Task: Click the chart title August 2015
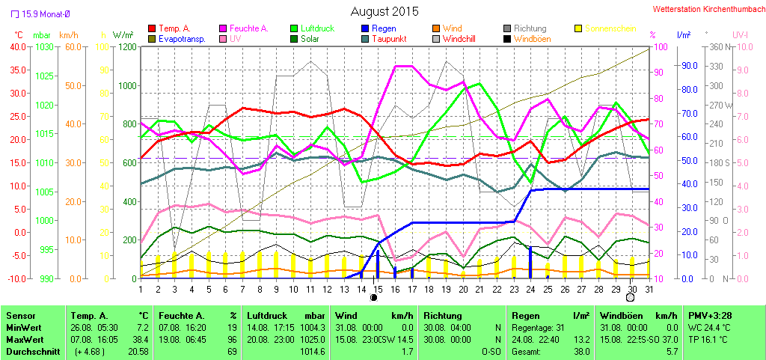click(x=384, y=12)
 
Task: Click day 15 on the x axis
click(x=378, y=288)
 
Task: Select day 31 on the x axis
click(x=648, y=288)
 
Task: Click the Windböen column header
click(x=617, y=316)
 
